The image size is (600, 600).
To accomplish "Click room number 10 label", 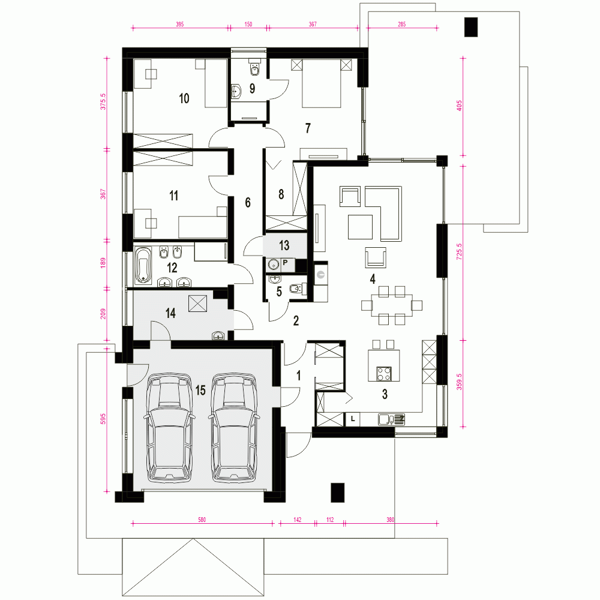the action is point(184,98).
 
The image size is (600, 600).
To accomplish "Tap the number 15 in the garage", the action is point(200,391).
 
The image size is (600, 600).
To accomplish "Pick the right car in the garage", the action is point(233,427).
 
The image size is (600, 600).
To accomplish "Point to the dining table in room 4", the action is point(392,305).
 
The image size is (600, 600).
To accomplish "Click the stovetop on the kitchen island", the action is point(384,373).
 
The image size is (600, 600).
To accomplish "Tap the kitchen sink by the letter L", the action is point(391,419).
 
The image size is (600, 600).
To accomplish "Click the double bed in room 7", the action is point(322,83).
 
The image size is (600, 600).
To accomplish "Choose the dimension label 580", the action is point(202,520).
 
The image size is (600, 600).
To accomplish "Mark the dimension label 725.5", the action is point(459,251).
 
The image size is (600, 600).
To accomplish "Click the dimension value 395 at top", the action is point(179,24).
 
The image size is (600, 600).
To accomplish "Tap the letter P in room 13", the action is point(285,263).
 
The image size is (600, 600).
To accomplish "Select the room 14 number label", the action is point(170,313).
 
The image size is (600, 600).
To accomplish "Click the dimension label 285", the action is point(401,24).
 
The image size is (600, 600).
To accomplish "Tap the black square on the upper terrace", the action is point(470,27).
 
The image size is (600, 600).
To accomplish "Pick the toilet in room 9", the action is point(254,68).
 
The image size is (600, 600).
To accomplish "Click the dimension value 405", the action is point(459,106).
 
